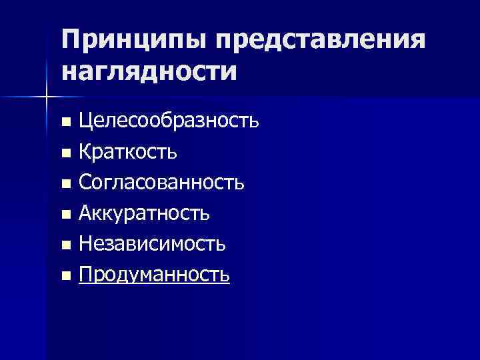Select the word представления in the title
[319, 41]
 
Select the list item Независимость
[152, 244]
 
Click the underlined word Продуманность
[154, 275]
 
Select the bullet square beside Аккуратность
[65, 214]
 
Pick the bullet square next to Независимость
[65, 245]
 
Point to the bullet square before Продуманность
[65, 275]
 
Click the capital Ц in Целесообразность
[85, 122]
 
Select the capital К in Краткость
[85, 153]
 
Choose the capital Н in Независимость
[85, 244]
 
